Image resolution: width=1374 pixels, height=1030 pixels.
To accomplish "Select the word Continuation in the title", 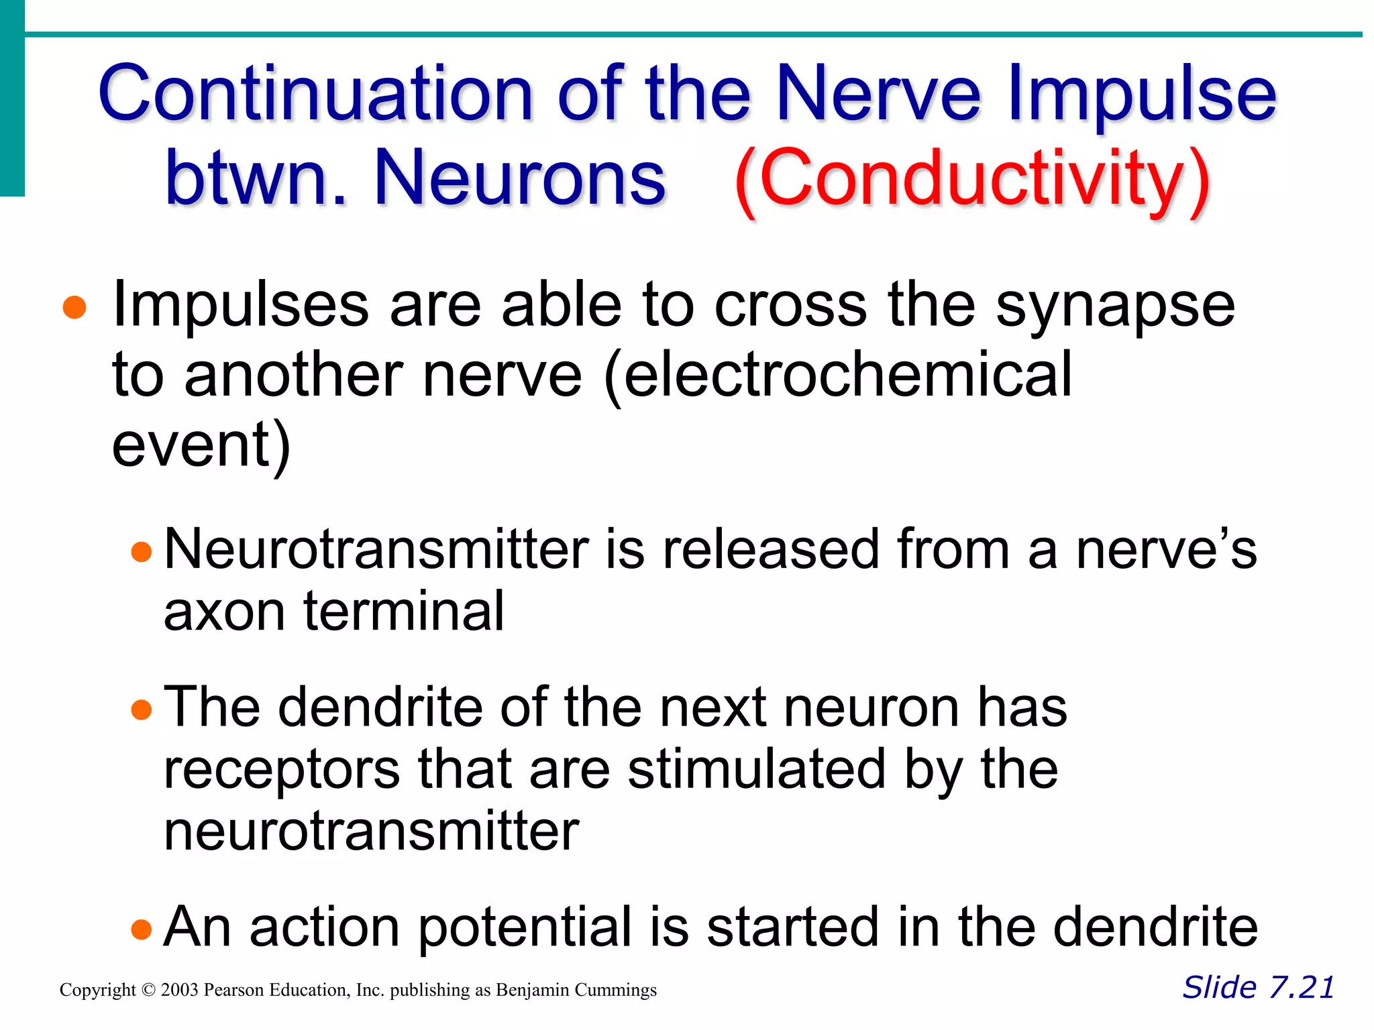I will tap(315, 93).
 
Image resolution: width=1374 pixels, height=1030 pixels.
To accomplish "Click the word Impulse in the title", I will tap(1141, 93).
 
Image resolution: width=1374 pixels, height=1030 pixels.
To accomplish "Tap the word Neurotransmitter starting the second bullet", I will tap(376, 549).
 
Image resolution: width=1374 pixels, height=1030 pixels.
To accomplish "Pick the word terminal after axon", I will tap(403, 611).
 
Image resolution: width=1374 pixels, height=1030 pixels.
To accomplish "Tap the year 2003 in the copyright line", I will tap(180, 990).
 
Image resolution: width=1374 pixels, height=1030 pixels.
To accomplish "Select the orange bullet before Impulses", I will tap(74, 308).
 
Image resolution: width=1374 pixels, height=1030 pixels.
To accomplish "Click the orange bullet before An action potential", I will tap(142, 929).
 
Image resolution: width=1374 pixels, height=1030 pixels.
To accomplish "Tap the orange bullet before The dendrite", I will tap(142, 709).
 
